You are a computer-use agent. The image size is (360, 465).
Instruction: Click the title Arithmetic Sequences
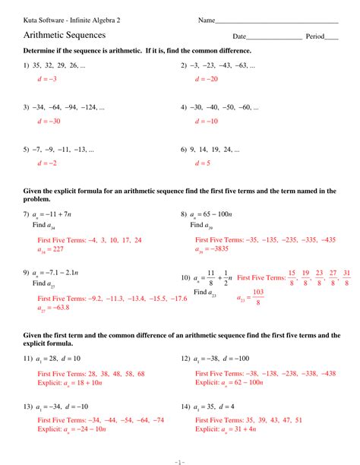pyautogui.click(x=65, y=35)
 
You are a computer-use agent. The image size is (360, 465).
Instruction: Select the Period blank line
pyautogui.click(x=332, y=38)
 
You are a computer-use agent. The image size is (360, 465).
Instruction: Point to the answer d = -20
pyautogui.click(x=206, y=79)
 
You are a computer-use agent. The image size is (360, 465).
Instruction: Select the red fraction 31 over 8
pyautogui.click(x=346, y=277)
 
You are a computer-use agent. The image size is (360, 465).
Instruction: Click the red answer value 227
pyautogui.click(x=60, y=248)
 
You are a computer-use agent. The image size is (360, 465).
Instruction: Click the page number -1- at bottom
pyautogui.click(x=179, y=458)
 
